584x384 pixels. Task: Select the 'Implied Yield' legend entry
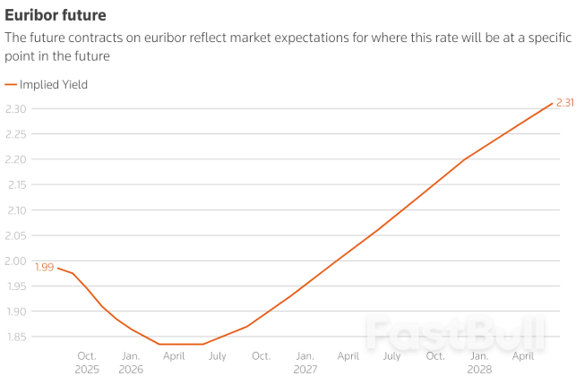click(53, 84)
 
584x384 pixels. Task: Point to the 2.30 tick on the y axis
click(15, 109)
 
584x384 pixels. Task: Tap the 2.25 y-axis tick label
click(15, 134)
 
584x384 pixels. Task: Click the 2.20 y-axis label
click(15, 159)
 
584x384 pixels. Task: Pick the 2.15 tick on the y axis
click(15, 185)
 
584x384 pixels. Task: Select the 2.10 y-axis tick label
click(15, 210)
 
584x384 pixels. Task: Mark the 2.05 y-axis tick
click(15, 236)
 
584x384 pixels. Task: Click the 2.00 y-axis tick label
click(15, 261)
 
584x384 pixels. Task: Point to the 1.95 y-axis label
click(15, 286)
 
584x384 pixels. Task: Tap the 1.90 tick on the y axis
click(15, 311)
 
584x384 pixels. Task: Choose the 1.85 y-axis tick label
click(15, 337)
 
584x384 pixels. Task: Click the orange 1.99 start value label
click(44, 267)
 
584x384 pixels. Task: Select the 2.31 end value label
click(565, 103)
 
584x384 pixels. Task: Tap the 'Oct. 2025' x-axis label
click(87, 363)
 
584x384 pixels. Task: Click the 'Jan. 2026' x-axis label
click(131, 363)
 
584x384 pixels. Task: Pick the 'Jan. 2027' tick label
click(305, 363)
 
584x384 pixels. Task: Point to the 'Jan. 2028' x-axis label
click(479, 363)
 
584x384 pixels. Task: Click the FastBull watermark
click(454, 334)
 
